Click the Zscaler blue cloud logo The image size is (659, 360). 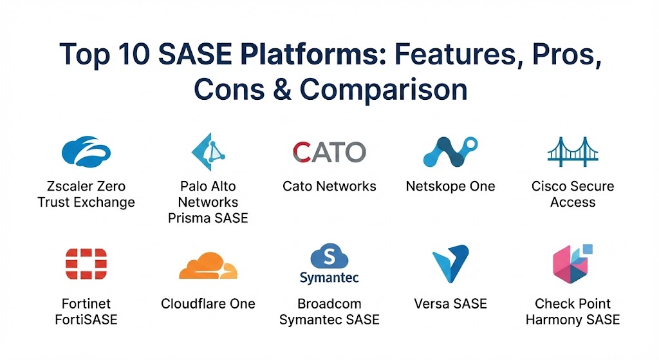86,153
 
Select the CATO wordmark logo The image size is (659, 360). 329,153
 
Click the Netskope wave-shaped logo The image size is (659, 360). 450,153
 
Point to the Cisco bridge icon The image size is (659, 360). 572,152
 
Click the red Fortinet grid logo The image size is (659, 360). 86,264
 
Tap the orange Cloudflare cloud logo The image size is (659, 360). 207,265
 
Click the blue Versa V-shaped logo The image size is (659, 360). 450,265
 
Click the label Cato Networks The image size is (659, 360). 329,187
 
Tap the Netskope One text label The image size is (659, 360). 450,187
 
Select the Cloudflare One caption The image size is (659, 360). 208,304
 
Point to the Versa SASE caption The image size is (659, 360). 450,304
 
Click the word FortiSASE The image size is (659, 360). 86,319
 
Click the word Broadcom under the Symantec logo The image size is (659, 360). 329,304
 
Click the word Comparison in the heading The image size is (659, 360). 383,90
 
